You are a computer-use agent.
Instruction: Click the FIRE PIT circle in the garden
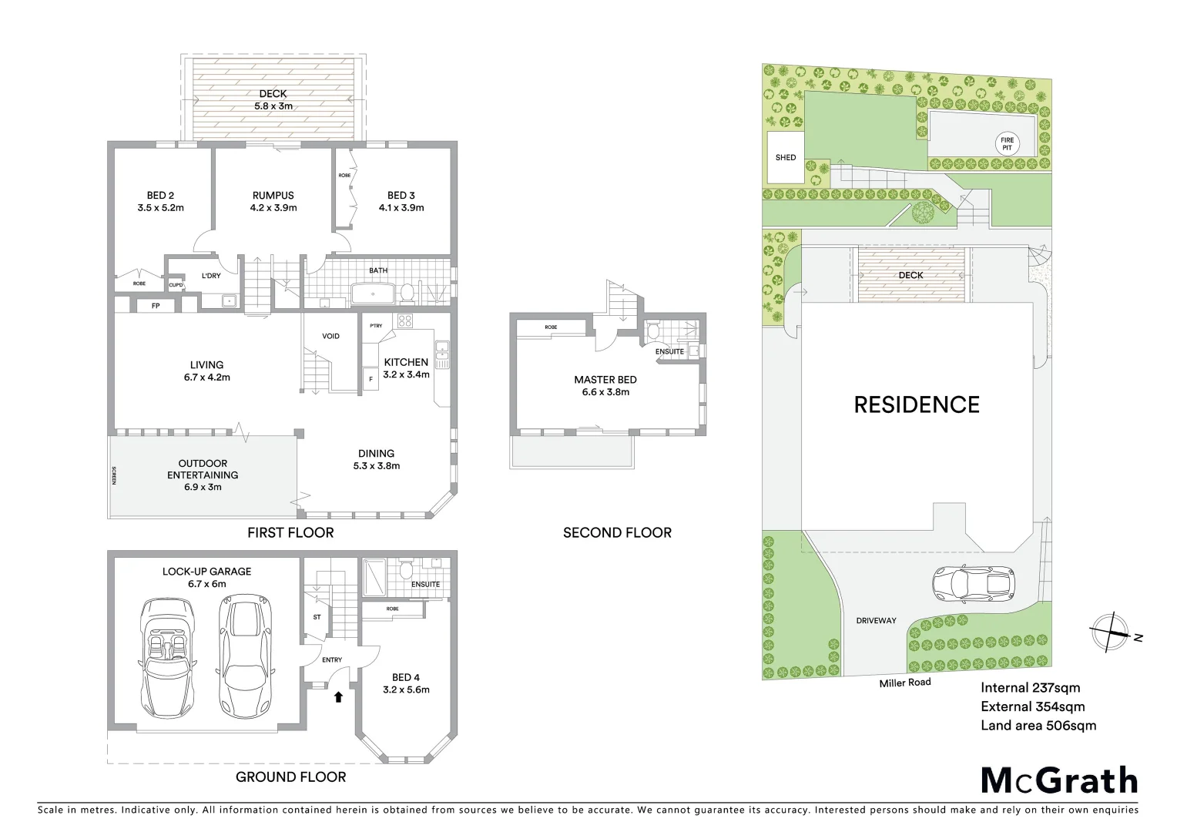coord(1007,143)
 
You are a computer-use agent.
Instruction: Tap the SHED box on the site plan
coord(786,158)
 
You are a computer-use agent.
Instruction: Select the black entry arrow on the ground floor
coord(337,697)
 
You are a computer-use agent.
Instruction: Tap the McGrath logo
coord(1058,780)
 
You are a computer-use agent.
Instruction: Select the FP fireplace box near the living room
coord(155,306)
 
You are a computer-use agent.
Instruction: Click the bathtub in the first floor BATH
coord(374,294)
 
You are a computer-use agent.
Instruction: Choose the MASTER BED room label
coord(605,385)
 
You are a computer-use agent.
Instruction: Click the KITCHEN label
coord(406,362)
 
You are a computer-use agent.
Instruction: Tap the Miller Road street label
coord(905,682)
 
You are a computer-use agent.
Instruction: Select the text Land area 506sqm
coord(1038,725)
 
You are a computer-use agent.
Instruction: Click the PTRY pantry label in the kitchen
coord(376,326)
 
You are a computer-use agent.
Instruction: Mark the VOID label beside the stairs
coord(330,336)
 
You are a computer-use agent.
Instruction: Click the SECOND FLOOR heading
coord(617,532)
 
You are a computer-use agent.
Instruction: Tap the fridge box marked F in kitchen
coord(371,379)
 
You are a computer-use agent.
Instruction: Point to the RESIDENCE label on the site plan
coord(917,404)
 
